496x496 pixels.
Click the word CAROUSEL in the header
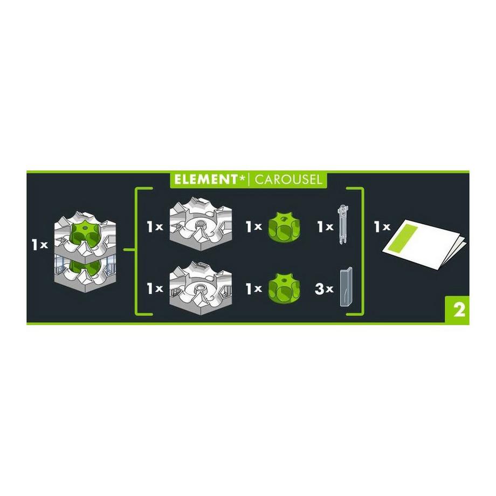(288, 179)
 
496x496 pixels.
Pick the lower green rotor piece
(283, 288)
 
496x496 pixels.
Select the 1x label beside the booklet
(382, 226)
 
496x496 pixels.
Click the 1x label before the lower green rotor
(253, 289)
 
